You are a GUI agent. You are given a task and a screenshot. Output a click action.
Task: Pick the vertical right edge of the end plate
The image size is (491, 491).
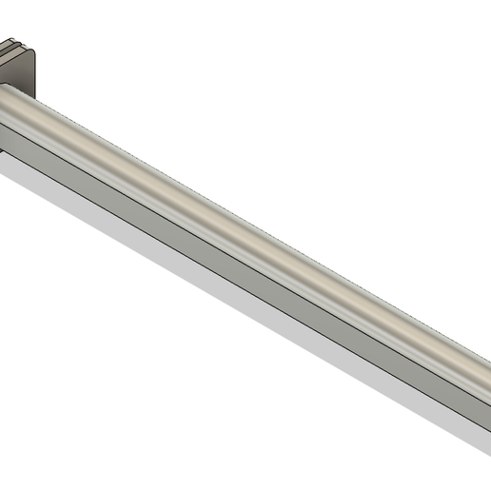37,76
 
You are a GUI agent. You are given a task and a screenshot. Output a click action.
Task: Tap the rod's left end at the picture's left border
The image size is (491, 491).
3,114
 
